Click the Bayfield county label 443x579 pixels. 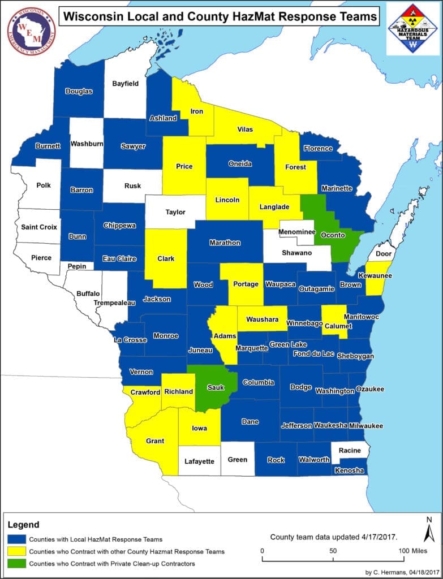(x=126, y=83)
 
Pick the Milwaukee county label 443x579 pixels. (x=365, y=425)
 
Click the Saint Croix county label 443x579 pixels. (x=38, y=227)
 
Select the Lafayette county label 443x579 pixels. (x=199, y=461)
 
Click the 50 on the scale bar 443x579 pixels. (x=333, y=550)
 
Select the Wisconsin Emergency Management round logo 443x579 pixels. (x=31, y=31)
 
